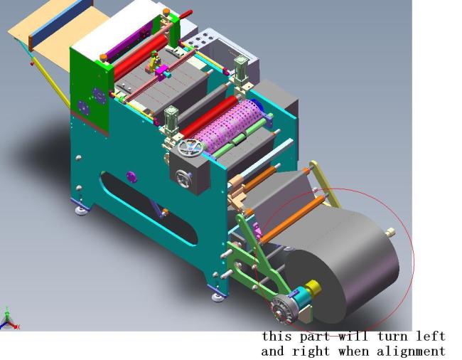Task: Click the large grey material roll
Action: [x=341, y=263]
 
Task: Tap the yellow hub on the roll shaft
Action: [x=313, y=290]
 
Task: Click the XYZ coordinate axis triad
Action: [x=9, y=320]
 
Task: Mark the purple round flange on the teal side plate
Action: [x=131, y=176]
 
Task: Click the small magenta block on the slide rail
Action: [x=162, y=70]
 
